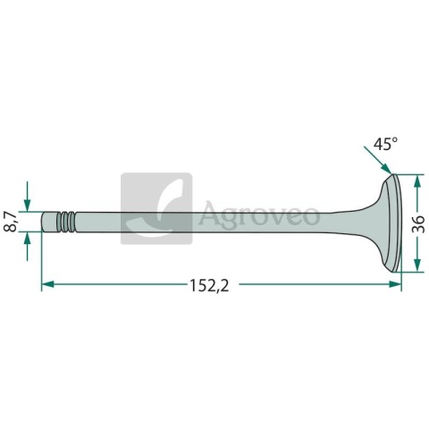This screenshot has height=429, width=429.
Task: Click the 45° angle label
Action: pos(385,144)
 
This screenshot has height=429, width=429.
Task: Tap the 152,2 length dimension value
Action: pos(209,286)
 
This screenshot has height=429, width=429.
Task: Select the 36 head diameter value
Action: pos(418,224)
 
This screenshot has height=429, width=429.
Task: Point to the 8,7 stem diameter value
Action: pos(10,222)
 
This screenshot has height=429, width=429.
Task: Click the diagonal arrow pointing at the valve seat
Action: pos(377,160)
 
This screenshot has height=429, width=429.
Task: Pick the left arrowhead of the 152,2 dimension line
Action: pos(47,284)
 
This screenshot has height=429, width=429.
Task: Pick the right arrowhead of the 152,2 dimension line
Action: pos(395,284)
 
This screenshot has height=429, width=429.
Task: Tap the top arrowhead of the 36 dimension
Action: pos(417,181)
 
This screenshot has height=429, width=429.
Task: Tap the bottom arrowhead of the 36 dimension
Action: pos(417,265)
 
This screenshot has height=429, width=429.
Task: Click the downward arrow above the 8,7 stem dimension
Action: pos(27,197)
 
